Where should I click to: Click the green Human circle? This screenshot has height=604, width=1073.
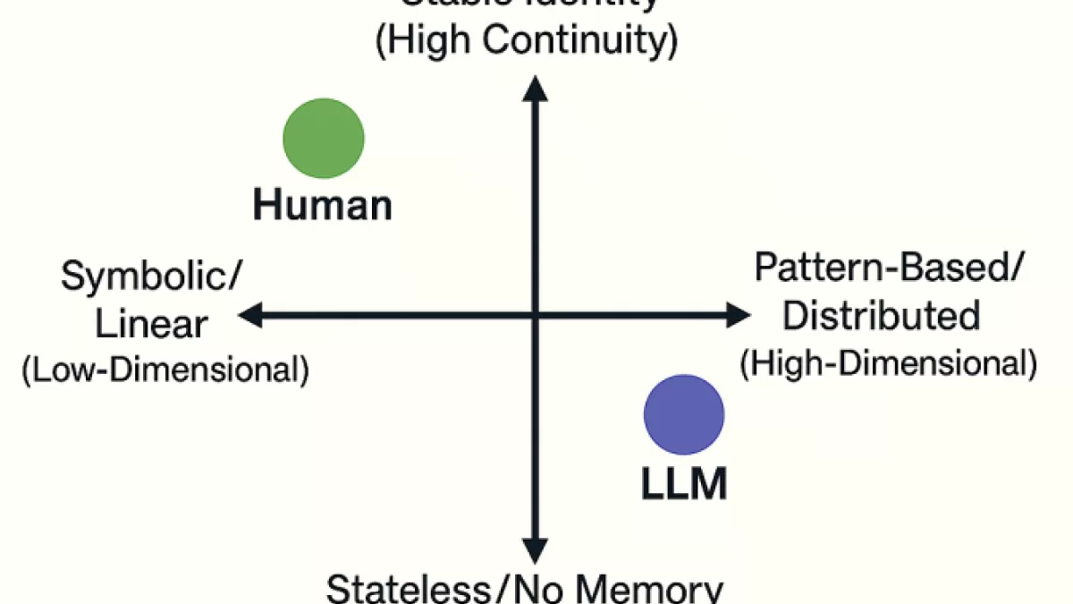[x=324, y=138]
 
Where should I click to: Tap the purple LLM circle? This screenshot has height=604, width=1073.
[x=684, y=414]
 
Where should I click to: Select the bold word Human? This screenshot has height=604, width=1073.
[x=323, y=206]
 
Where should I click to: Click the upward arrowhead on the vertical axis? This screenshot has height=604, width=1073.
[x=535, y=88]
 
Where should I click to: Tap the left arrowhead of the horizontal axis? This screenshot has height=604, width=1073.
[x=250, y=314]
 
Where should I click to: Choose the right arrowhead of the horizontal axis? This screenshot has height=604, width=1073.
[x=738, y=314]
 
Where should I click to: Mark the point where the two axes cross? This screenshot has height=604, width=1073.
[x=535, y=314]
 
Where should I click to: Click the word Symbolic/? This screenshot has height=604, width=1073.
[x=150, y=277]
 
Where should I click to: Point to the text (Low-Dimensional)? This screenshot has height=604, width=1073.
[x=165, y=370]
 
